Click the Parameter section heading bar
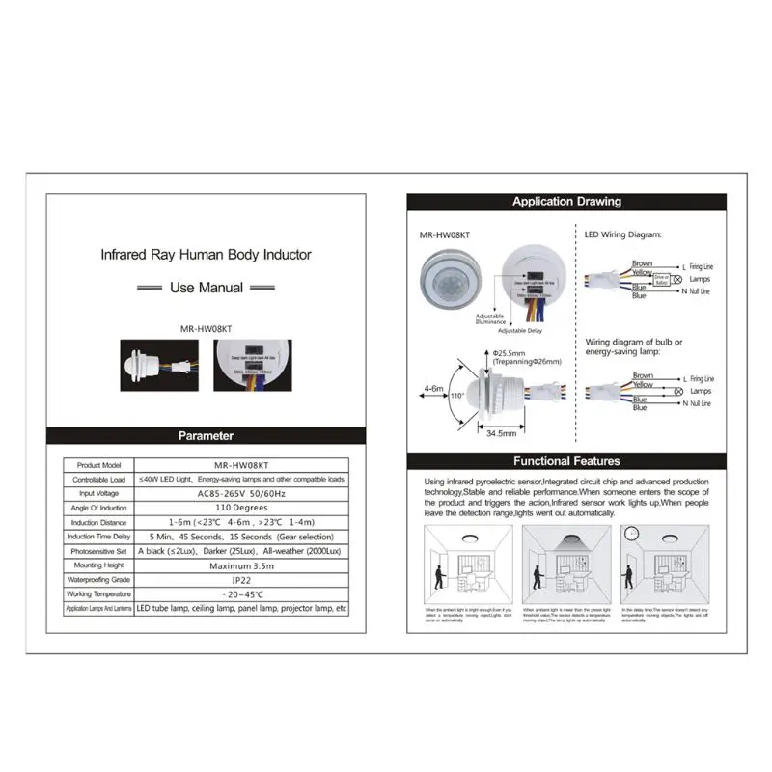(x=207, y=435)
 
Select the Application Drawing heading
(x=566, y=202)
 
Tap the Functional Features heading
(x=566, y=461)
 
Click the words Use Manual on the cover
(x=207, y=288)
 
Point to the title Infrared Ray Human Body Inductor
(x=207, y=256)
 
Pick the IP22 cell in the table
(x=241, y=579)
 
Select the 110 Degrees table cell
(x=241, y=508)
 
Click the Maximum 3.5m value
(x=241, y=565)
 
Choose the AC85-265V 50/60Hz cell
(x=241, y=493)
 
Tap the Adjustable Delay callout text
(x=519, y=329)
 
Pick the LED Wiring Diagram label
(x=622, y=234)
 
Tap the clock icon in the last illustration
(x=631, y=534)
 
